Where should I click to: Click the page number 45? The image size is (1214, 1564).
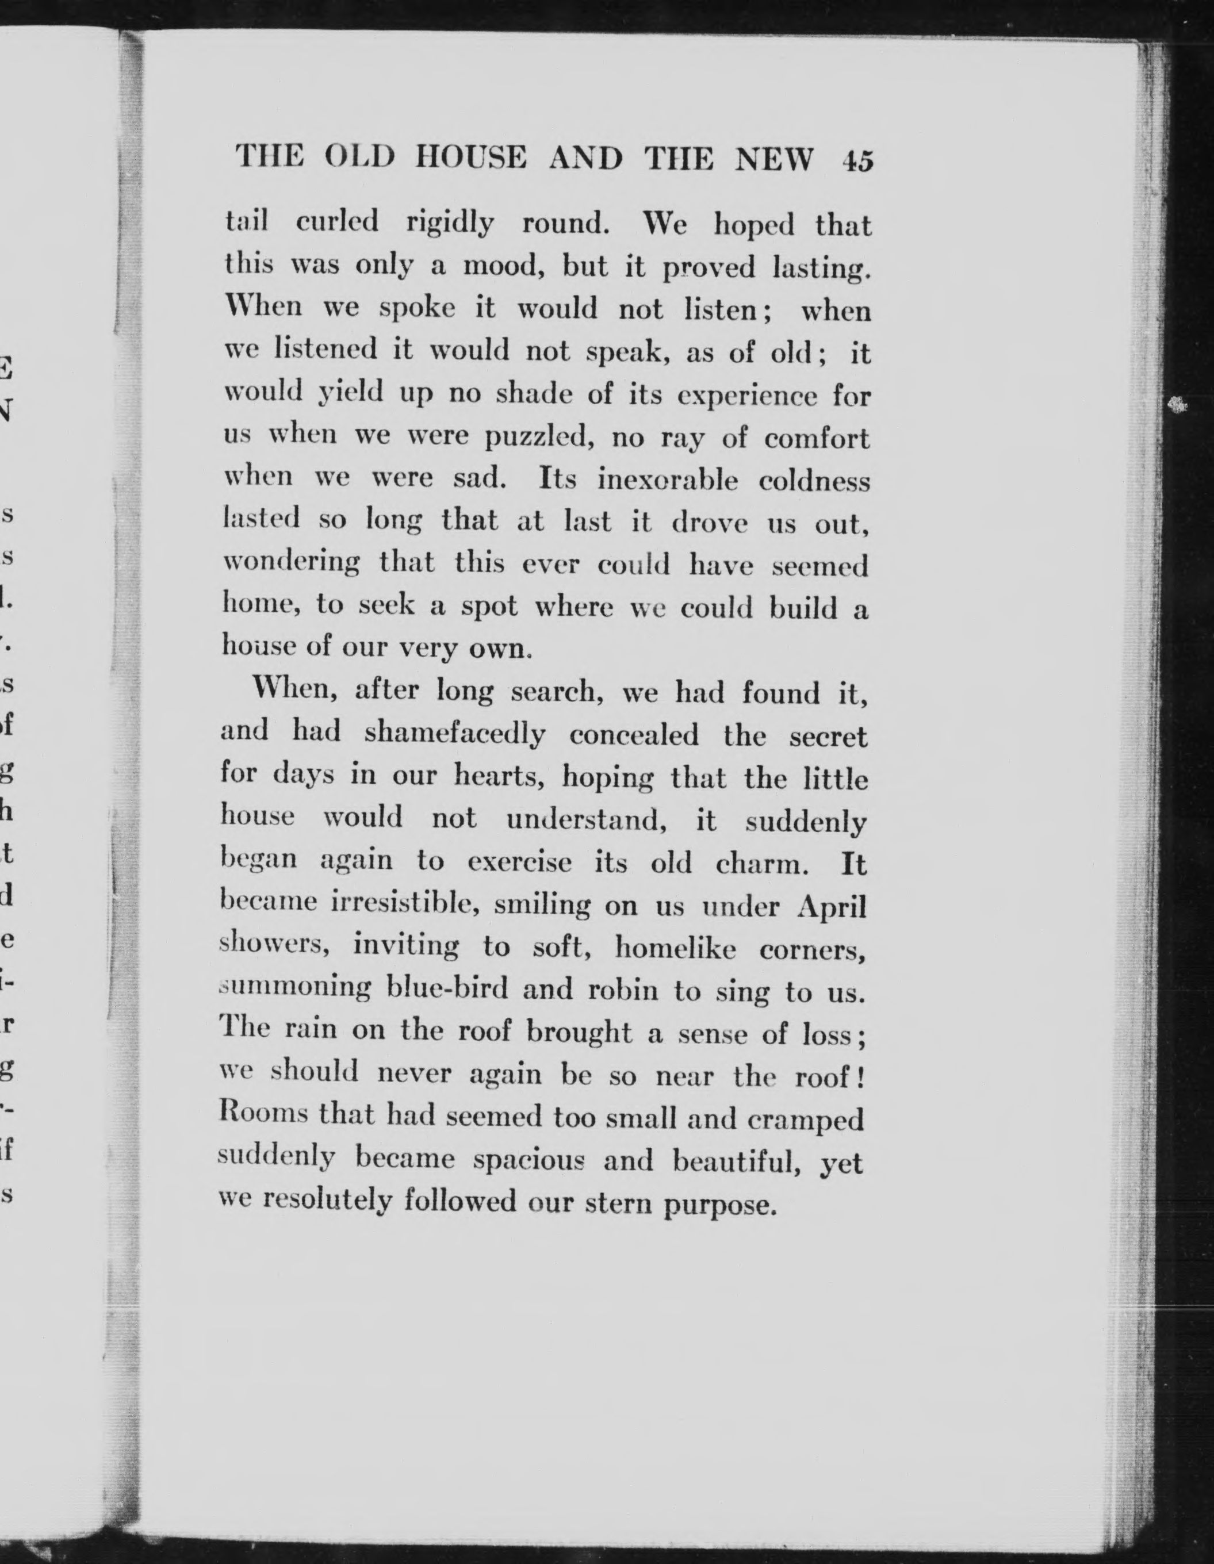coord(859,160)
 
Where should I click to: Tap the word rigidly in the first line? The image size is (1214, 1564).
coord(450,224)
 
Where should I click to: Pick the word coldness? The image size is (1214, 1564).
coord(814,481)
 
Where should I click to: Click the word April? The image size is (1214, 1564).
coord(832,907)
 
